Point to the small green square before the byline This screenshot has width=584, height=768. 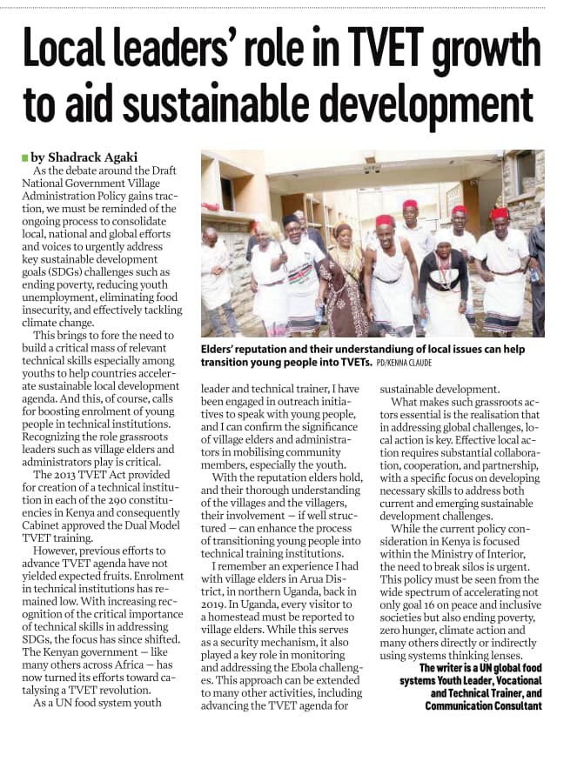pos(24,157)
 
